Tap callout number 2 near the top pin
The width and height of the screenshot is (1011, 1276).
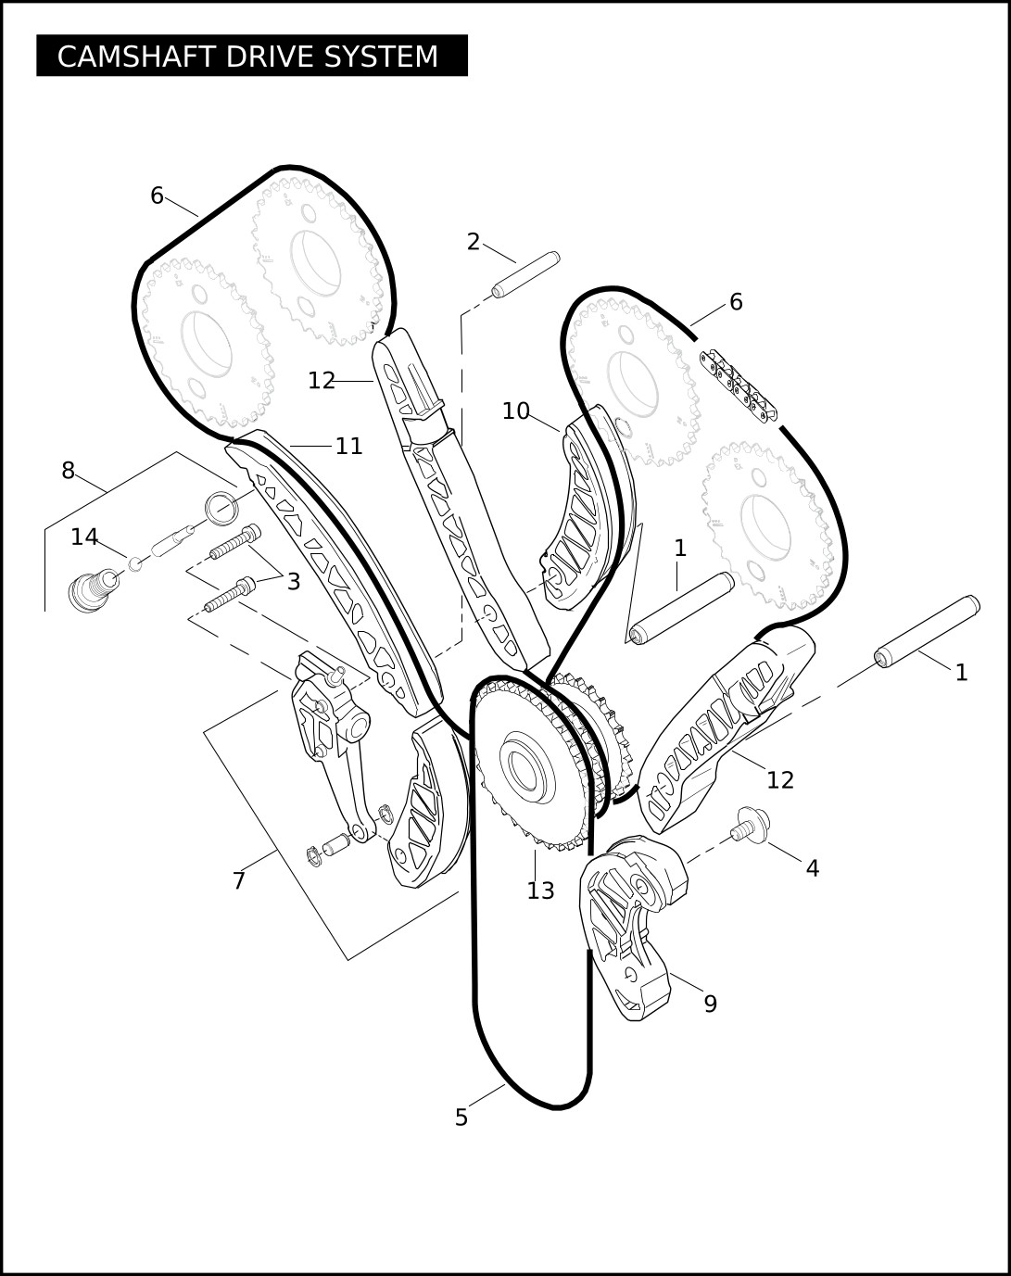point(474,242)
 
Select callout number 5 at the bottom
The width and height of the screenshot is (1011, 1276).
point(461,1118)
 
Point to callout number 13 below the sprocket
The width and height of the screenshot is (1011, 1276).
point(540,891)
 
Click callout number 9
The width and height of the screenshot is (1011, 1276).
point(711,1004)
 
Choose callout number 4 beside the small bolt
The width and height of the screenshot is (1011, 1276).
point(813,868)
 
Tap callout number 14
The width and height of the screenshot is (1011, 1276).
point(84,537)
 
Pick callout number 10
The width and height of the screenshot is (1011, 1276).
point(515,411)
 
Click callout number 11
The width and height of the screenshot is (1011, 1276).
point(348,446)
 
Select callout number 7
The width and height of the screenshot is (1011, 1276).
point(239,880)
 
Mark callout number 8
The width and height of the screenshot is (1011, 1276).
point(68,471)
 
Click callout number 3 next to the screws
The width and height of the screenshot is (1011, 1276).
point(294,581)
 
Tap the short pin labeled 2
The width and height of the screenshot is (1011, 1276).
point(524,275)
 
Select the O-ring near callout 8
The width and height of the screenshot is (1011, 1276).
point(221,508)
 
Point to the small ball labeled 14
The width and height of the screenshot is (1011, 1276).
point(135,563)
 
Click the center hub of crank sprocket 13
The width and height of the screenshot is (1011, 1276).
point(525,766)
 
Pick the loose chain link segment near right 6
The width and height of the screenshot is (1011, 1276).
point(739,385)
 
